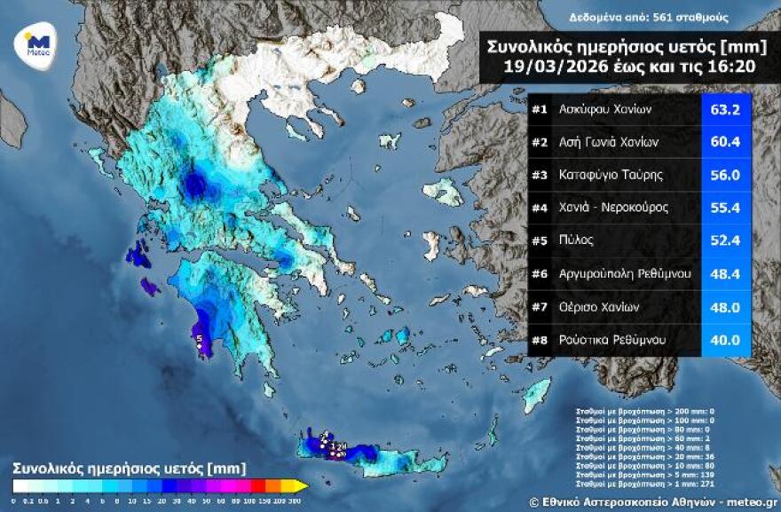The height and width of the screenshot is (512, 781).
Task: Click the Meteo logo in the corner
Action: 36,43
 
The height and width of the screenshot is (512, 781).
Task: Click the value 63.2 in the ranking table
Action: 726,111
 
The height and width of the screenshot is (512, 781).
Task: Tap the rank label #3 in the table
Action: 540,175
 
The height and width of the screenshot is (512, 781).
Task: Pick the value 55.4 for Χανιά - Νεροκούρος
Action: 726,207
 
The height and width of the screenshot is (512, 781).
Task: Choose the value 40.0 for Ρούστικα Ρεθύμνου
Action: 726,339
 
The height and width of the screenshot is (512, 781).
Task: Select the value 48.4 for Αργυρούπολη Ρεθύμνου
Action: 726,273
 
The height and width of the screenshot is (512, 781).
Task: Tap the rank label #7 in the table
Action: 540,306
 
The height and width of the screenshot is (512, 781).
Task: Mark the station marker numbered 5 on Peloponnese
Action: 200,339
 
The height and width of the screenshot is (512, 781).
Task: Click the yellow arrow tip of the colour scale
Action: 302,485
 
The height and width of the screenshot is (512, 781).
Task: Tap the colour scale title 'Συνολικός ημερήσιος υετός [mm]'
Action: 129,467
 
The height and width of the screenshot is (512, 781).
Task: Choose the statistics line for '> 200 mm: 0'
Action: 639,412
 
